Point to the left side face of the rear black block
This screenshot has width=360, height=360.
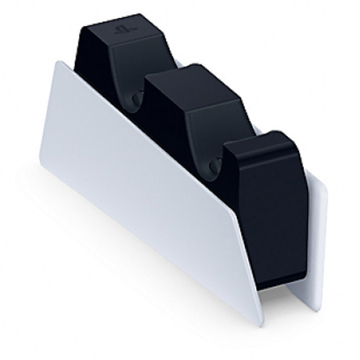tap(91, 53)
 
